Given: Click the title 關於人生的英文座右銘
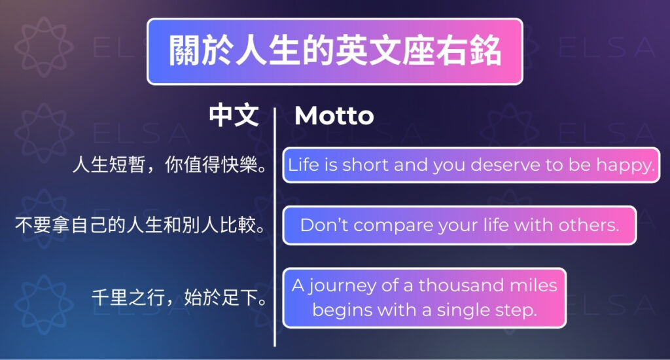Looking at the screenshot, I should click(x=335, y=51).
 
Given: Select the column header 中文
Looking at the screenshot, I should click(x=234, y=116).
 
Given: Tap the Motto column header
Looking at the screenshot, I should click(x=334, y=116).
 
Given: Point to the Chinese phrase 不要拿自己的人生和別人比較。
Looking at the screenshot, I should click(x=140, y=225).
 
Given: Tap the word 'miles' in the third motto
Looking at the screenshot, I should click(x=535, y=285).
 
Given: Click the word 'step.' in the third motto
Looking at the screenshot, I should click(x=516, y=310).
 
